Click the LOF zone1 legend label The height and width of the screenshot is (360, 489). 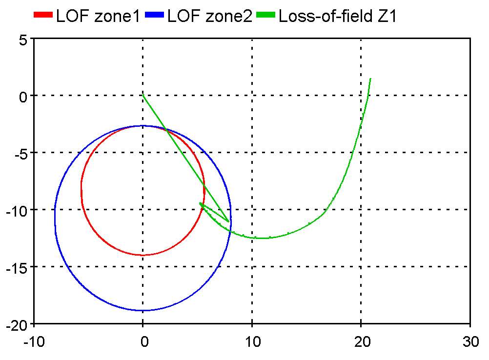point(98,16)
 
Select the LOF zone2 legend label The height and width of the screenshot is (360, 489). point(209,16)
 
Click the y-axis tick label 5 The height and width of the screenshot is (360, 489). point(22,39)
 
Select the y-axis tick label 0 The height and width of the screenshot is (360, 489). point(22,96)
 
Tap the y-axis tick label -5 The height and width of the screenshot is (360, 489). point(20,153)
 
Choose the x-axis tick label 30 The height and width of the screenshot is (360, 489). point(469,342)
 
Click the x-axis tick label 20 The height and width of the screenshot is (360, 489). point(361,342)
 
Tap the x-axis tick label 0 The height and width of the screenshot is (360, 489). point(143,342)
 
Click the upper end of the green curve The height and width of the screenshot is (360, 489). point(371,78)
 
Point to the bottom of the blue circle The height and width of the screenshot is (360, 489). point(143,311)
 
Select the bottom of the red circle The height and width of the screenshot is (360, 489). point(143,255)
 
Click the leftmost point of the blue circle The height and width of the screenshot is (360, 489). point(55,218)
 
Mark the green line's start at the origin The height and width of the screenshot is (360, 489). point(143,96)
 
